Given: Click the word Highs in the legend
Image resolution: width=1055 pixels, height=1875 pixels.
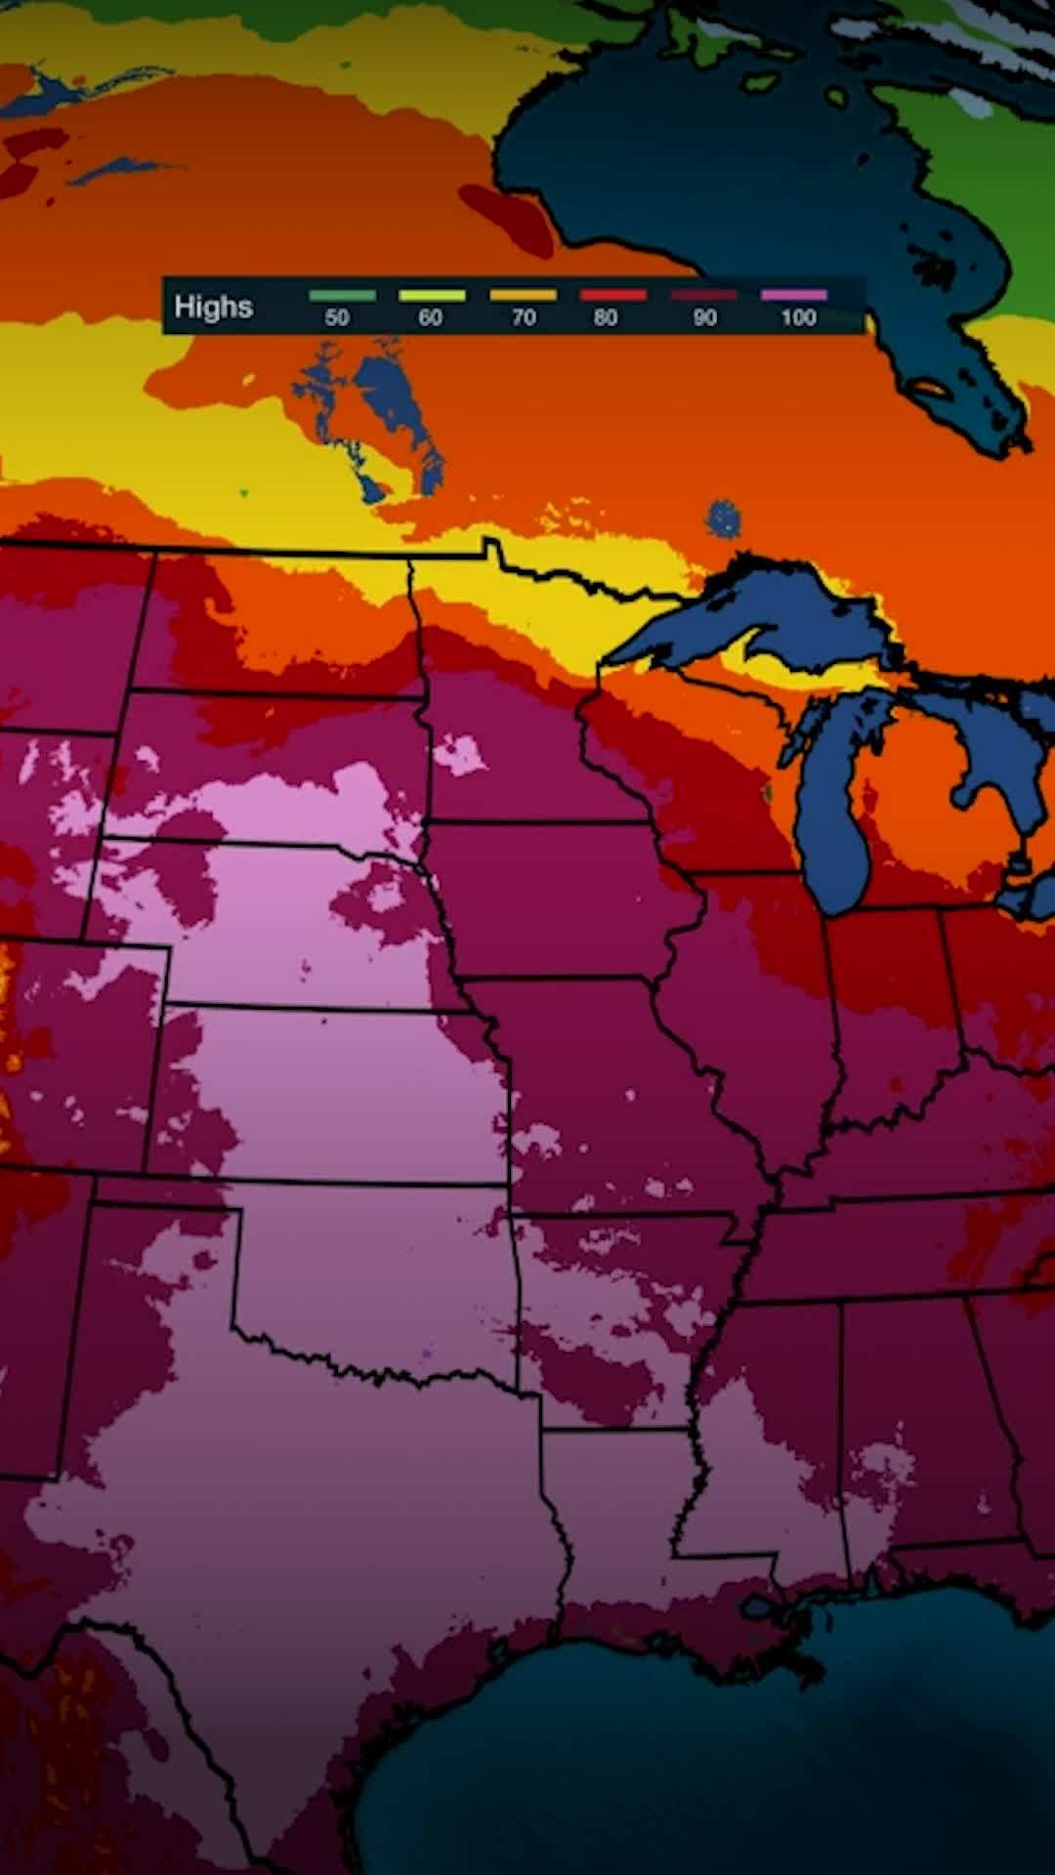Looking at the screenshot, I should (213, 307).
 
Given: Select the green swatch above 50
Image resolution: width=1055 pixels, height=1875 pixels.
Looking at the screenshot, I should (342, 295).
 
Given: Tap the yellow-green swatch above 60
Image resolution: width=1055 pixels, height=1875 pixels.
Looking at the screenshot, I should (432, 295).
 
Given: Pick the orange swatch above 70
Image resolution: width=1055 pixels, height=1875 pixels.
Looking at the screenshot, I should (524, 295).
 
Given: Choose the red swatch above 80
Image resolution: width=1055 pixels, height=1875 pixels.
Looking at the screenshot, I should (613, 295).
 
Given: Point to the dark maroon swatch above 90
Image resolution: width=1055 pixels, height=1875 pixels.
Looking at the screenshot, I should (703, 295).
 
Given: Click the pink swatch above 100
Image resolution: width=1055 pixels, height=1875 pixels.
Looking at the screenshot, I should (794, 295).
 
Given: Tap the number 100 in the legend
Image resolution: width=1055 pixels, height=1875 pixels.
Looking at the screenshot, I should (798, 317).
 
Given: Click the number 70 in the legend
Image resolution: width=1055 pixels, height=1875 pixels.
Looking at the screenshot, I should (524, 317).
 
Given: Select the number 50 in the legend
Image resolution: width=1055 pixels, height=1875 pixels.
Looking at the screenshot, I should (336, 317).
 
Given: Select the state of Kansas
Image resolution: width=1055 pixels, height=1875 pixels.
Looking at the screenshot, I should (342, 1094).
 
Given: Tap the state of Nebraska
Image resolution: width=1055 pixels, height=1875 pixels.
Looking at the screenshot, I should (293, 928).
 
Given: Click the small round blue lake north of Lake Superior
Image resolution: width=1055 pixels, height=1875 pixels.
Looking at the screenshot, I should (723, 518).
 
